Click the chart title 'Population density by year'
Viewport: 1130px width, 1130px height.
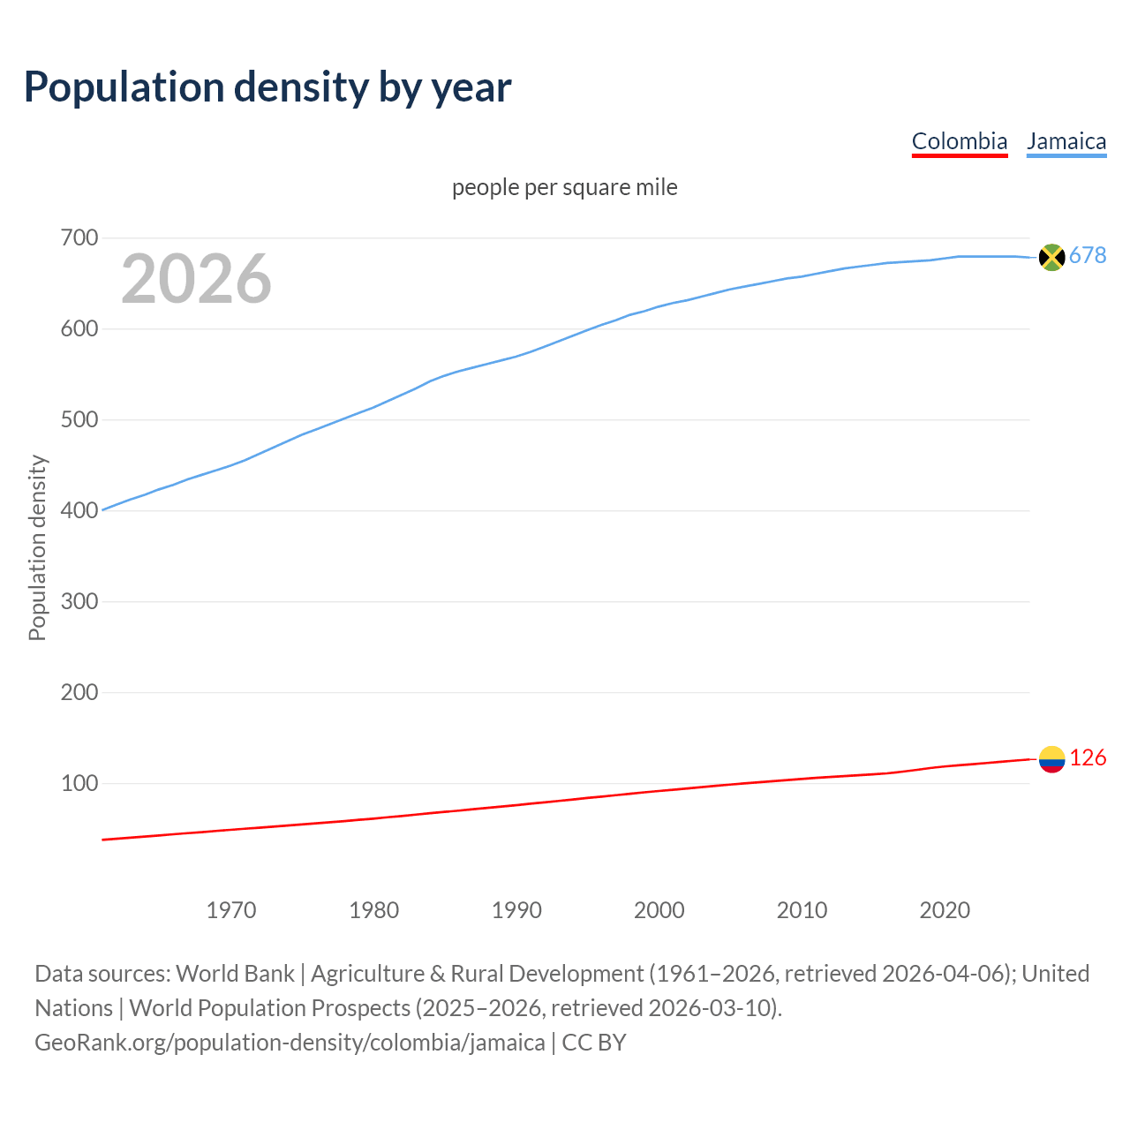pos(267,87)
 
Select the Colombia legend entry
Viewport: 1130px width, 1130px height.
pos(959,141)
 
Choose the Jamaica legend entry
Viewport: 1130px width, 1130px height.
pos(1066,141)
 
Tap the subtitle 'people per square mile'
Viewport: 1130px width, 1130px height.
pos(564,187)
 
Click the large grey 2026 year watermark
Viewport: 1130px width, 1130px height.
pos(196,279)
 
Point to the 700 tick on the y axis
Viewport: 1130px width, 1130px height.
pos(79,238)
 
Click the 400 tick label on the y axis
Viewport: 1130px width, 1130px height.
pos(79,510)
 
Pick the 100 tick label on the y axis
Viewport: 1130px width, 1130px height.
pos(79,783)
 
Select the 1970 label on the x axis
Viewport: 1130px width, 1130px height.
pos(231,910)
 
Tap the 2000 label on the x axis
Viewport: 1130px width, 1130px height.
pos(659,910)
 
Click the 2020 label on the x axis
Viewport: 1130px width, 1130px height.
pos(945,910)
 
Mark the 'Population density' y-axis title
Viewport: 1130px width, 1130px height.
pos(37,547)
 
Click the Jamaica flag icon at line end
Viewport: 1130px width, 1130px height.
pos(1051,257)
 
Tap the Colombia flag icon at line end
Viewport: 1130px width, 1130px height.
pos(1051,759)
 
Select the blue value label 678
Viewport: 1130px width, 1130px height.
pos(1088,256)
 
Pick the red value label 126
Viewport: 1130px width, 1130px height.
pos(1088,758)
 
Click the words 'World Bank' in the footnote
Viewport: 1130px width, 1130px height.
pos(235,974)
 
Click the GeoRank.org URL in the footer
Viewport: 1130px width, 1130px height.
pos(290,1043)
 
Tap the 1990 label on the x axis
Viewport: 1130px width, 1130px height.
pos(516,910)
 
